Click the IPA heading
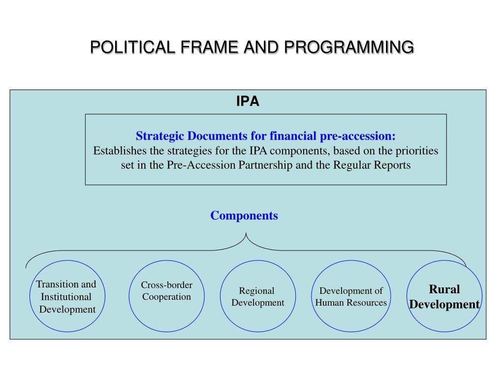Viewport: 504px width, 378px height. tap(248, 102)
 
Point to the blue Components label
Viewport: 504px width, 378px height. tap(244, 216)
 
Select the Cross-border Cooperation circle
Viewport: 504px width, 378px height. tap(167, 296)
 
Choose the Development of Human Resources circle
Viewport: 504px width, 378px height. tap(351, 296)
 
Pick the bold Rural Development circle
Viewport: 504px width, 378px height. tap(444, 296)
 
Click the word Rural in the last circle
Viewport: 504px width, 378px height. tap(444, 289)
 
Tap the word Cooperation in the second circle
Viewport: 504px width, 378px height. tap(167, 297)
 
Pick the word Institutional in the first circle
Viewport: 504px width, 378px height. tap(66, 297)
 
